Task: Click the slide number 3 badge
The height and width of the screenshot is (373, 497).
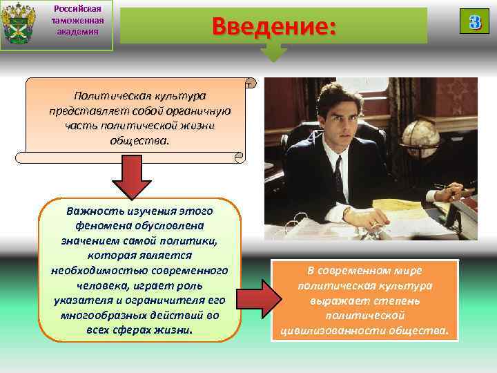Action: click(x=474, y=21)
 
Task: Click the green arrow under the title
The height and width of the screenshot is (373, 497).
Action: click(x=274, y=52)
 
